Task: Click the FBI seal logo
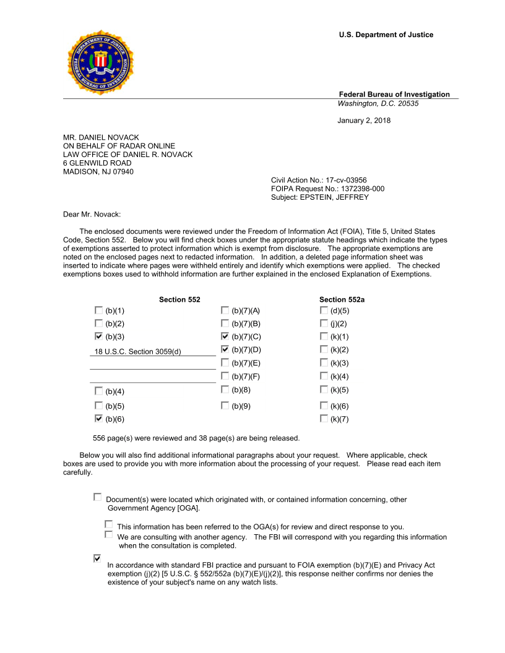click(100, 62)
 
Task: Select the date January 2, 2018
click(364, 121)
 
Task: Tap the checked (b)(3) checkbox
click(98, 336)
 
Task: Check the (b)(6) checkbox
click(98, 419)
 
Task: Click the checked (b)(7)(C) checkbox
click(225, 336)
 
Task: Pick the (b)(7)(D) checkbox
click(225, 349)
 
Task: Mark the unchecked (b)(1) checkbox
click(98, 310)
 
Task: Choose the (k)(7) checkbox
click(324, 419)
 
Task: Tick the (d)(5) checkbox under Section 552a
click(324, 310)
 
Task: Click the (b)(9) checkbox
click(225, 405)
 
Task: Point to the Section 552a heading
click(342, 299)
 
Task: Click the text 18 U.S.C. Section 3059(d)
click(137, 352)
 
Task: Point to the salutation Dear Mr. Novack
click(92, 215)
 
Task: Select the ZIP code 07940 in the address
click(123, 172)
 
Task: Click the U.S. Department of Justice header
click(386, 35)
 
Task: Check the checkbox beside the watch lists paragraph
click(97, 558)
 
